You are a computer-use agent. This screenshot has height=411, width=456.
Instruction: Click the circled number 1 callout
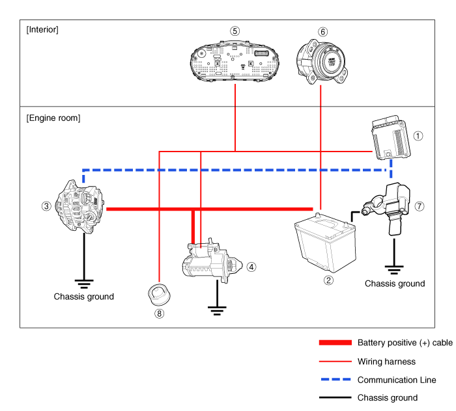(419, 136)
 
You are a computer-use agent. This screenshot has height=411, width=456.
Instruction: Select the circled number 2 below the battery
(328, 281)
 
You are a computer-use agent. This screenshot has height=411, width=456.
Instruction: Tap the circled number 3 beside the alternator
(46, 206)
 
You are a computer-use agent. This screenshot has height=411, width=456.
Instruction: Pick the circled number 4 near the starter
(251, 266)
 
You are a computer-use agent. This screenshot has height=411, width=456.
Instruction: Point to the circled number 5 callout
(235, 31)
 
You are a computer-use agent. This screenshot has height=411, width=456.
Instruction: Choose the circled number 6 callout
(322, 31)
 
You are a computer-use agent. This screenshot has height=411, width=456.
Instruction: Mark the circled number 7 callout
(420, 206)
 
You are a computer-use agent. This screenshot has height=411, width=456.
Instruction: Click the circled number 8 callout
(159, 313)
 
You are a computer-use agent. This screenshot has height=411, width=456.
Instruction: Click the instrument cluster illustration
(235, 62)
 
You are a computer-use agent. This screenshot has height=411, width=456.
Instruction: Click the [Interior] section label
(42, 29)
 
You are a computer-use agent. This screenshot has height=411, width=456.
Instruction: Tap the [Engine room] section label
(53, 118)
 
